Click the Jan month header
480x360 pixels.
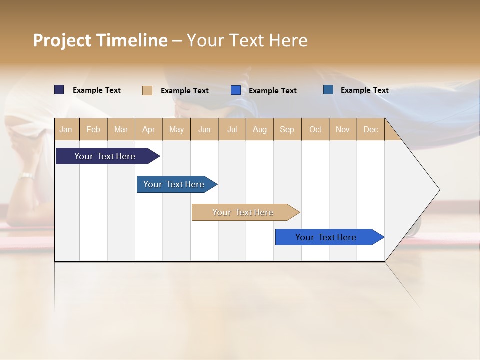coord(66,129)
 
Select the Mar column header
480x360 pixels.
coord(121,129)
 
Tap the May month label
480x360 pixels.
coord(176,129)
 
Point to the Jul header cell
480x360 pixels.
coord(232,129)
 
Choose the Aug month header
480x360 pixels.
coord(259,129)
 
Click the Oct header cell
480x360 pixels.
coord(315,129)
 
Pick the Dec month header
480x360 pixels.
coord(370,129)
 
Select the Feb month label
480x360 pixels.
coord(93,129)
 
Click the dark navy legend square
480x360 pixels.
coord(59,90)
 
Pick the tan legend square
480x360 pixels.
coord(147,90)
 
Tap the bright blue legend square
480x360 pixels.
coord(236,90)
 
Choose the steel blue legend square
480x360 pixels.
coord(328,90)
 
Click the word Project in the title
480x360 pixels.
coord(62,40)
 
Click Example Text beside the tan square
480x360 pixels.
coord(184,91)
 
